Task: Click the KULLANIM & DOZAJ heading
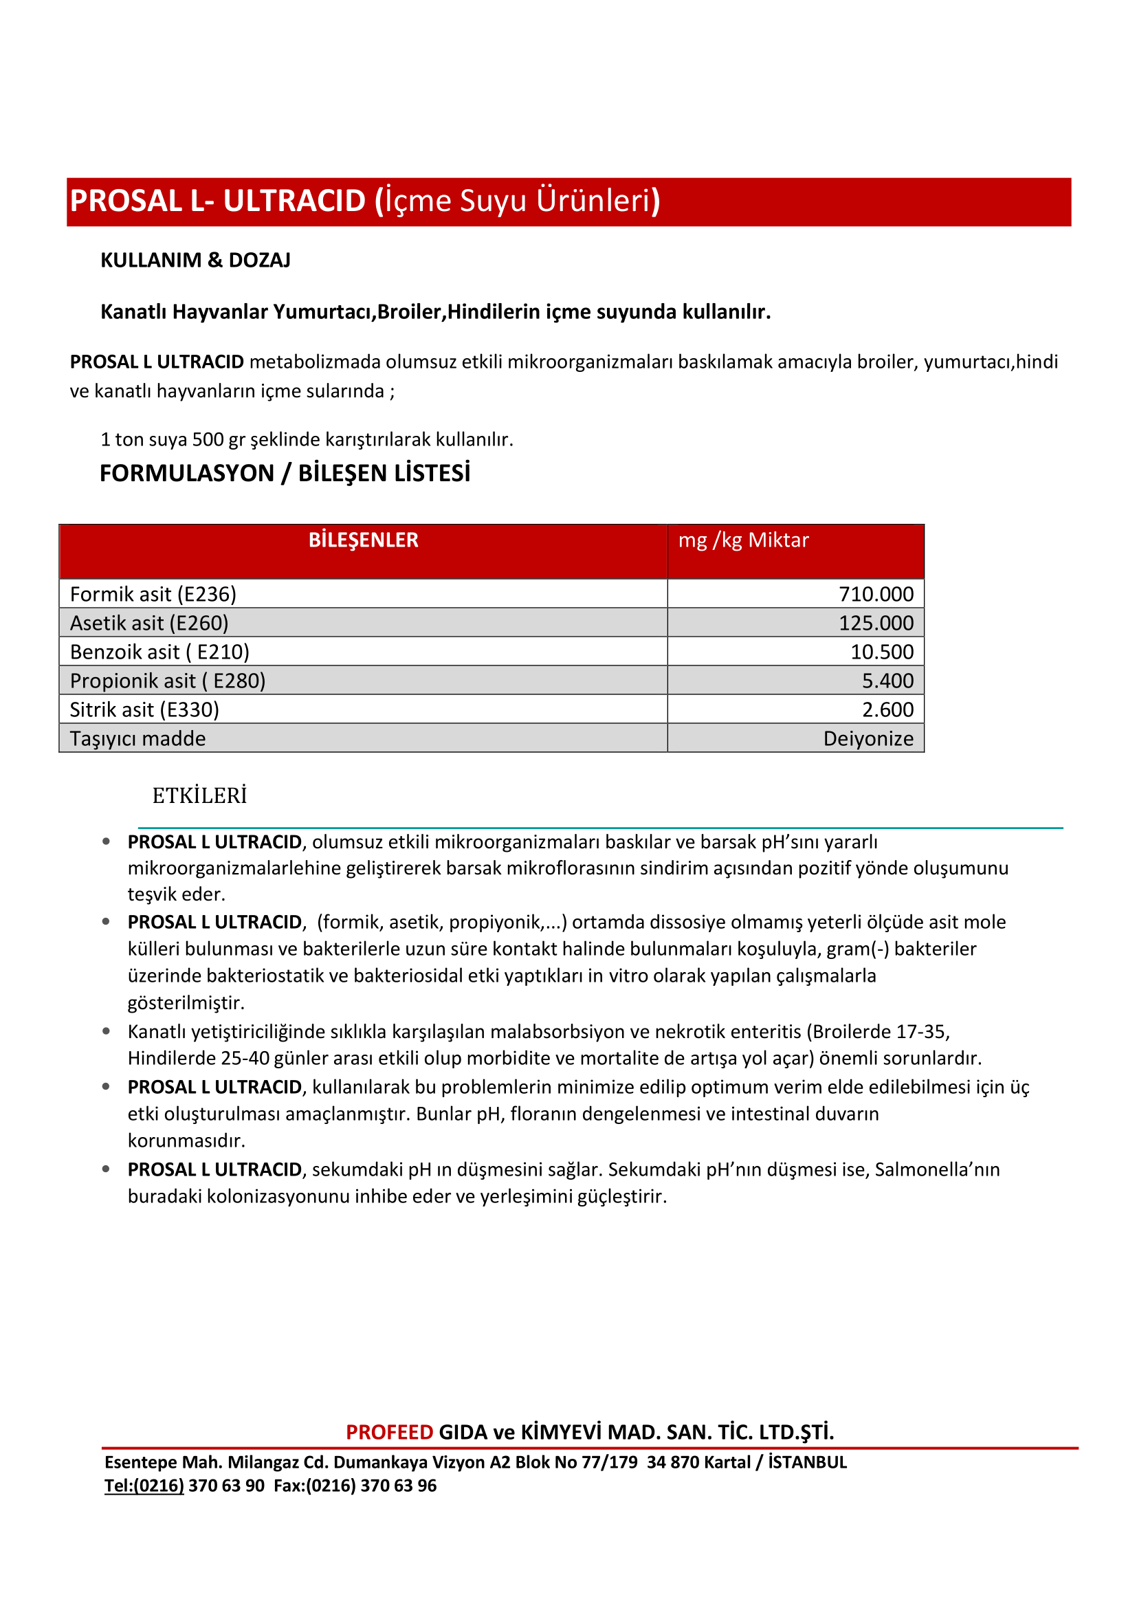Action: (195, 261)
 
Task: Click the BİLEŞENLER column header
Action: (364, 540)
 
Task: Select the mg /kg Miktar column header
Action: (743, 540)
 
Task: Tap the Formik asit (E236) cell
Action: (153, 594)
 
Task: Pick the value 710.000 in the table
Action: (876, 594)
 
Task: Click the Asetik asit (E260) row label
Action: (149, 623)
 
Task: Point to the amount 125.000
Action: (876, 623)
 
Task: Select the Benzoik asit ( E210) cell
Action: (159, 652)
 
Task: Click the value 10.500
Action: (881, 652)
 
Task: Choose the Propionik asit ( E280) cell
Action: (168, 681)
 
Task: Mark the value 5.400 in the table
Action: (887, 681)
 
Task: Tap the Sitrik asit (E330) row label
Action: (144, 709)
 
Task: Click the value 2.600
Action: (887, 709)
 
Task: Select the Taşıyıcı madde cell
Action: (138, 738)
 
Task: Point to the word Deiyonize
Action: (868, 738)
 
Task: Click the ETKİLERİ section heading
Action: (199, 795)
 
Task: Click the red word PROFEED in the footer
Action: (389, 1432)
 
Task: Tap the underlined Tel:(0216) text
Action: (144, 1486)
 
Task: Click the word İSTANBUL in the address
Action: (807, 1462)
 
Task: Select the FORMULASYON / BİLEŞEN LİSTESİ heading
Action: (285, 474)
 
